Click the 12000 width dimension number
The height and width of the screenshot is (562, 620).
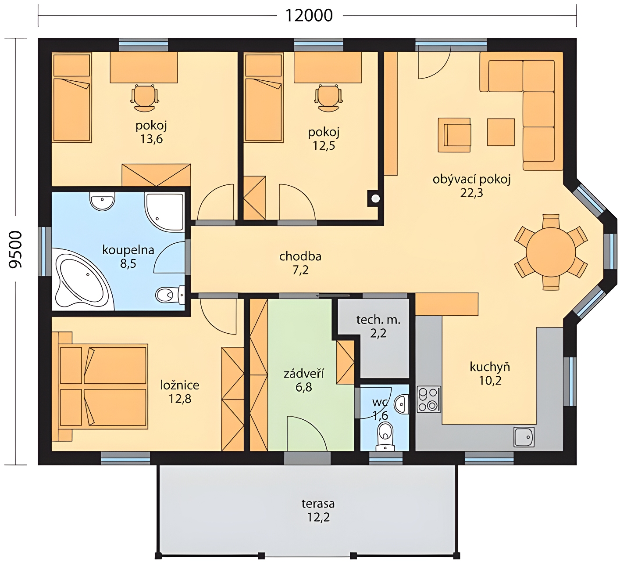coord(309,15)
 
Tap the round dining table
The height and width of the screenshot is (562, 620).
coord(551,252)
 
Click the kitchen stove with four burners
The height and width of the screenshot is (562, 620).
coord(429,399)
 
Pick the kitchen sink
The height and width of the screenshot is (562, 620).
coord(524,437)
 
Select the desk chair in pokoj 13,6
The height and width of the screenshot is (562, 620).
coord(144,98)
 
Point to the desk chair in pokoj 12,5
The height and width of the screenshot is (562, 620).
coord(328,98)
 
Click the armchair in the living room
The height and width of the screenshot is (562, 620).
coord(454,135)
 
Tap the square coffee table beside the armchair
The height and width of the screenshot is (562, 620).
coord(501,132)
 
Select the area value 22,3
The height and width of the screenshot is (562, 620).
coord(472,193)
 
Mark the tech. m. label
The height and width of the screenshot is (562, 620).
coord(378,320)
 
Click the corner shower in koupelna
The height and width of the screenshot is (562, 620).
coord(164,212)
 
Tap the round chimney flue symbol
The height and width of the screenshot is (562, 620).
coord(375,198)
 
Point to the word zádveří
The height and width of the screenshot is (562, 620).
coord(304,374)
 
